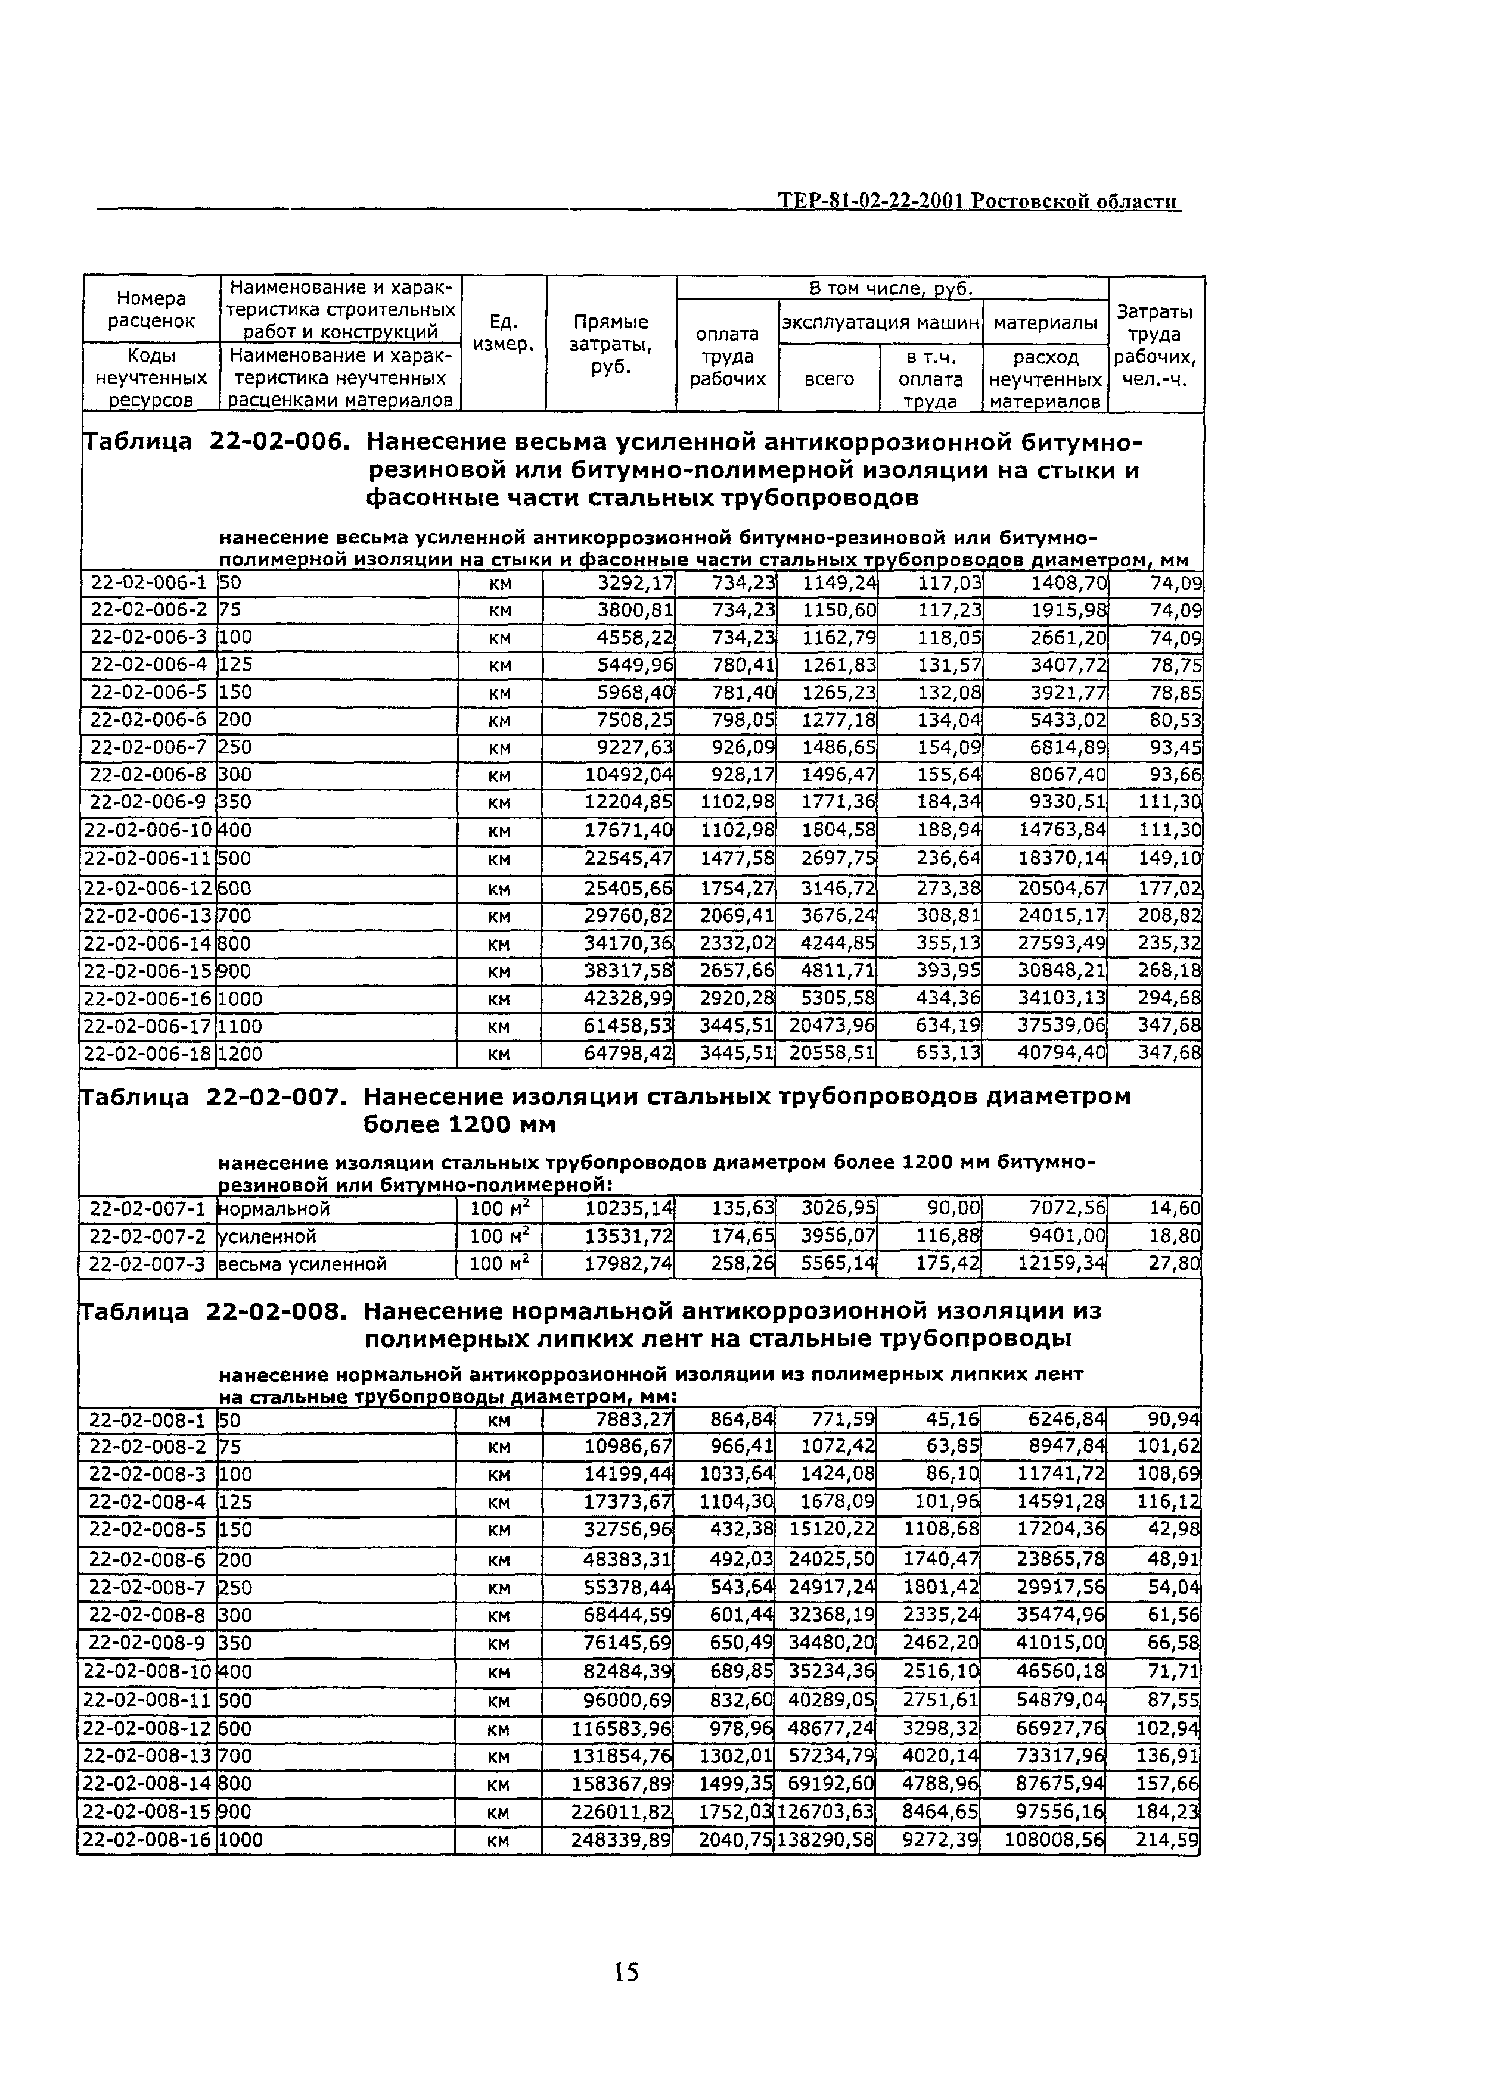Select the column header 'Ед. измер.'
point(503,333)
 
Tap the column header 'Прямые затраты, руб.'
point(611,344)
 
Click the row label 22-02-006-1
point(148,583)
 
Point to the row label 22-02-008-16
point(147,1840)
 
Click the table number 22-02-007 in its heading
point(277,1097)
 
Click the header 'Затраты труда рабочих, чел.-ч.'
point(1156,345)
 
